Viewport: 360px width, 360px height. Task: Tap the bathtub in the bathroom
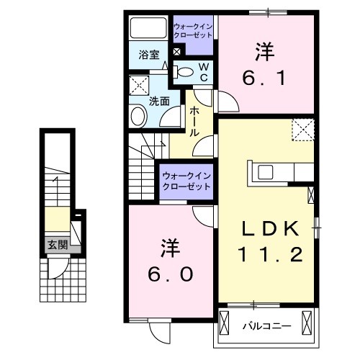(148, 30)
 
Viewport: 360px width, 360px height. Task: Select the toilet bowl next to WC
(185, 71)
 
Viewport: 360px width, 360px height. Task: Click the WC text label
(204, 71)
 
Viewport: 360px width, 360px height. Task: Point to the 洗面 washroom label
(159, 102)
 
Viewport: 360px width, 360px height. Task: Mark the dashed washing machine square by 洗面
(139, 87)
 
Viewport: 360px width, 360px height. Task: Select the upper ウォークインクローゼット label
(193, 32)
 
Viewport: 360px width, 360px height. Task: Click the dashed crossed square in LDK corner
(301, 131)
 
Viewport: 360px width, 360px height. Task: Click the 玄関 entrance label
(58, 244)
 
